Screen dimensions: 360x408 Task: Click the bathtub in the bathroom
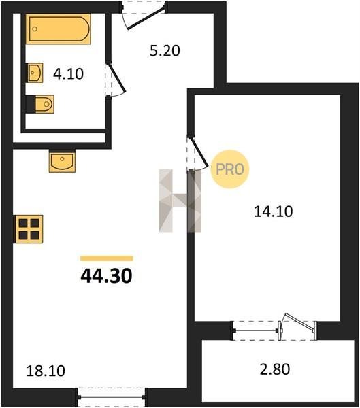tap(59, 29)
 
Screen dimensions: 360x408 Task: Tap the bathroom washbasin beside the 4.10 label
tap(35, 73)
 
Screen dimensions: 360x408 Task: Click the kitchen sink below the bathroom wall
tap(62, 161)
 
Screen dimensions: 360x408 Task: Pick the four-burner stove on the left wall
tap(29, 229)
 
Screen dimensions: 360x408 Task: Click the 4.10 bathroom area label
tap(68, 74)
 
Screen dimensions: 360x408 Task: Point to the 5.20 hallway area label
tap(165, 51)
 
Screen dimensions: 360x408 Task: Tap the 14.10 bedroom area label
tap(274, 211)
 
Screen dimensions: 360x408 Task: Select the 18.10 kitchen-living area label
tap(46, 371)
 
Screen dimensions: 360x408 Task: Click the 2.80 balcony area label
tap(275, 369)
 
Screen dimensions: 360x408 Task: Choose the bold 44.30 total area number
tap(107, 276)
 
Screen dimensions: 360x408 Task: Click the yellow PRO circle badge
tap(230, 169)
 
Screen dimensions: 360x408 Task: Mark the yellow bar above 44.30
tap(107, 258)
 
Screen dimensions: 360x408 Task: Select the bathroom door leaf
tap(116, 78)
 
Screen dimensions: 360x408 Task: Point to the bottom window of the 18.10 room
tap(112, 397)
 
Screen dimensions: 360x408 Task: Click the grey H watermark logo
tap(180, 201)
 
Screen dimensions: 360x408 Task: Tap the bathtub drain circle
tap(35, 29)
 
